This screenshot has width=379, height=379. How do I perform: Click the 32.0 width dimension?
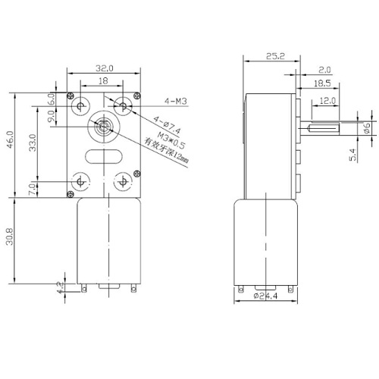(105, 68)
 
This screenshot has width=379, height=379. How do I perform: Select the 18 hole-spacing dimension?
(103, 81)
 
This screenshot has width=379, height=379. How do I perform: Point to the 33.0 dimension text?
(33, 143)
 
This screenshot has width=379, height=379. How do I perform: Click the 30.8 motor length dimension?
(10, 236)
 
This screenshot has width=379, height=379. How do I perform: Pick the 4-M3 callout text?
(176, 102)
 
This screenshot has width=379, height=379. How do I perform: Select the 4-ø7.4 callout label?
(168, 125)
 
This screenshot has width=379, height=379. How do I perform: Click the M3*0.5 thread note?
(171, 140)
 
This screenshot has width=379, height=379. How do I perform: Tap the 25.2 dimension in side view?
(275, 56)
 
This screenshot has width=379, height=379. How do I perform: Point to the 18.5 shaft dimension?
(322, 83)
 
